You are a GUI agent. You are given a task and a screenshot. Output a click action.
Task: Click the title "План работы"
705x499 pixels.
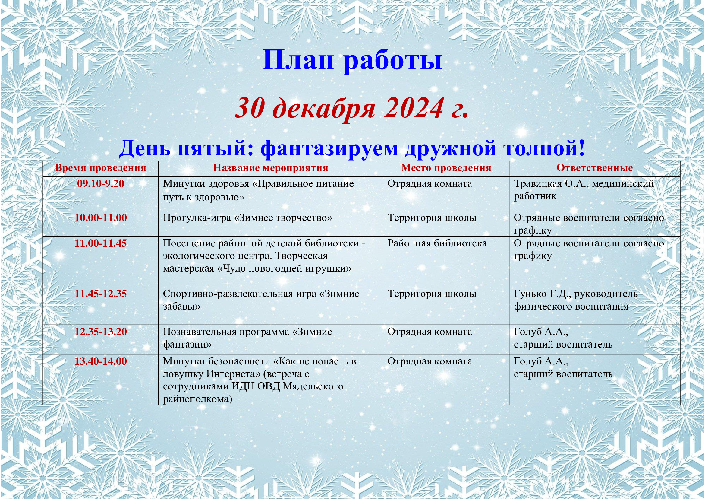coord(353,60)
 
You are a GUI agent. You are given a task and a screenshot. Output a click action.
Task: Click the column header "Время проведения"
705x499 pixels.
coord(100,168)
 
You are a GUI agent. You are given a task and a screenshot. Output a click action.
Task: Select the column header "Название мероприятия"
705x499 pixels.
coord(271,168)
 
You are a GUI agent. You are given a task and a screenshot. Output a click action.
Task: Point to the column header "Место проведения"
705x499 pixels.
coord(446,168)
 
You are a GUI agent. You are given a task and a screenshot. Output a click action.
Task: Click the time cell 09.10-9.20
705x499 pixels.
coord(101,184)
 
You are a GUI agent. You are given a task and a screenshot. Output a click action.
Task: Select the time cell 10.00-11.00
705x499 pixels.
coord(101,218)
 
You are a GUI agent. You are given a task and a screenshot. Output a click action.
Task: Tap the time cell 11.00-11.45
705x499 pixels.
coord(101,243)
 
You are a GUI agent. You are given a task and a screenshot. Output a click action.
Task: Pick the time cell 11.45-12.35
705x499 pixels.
coord(101,294)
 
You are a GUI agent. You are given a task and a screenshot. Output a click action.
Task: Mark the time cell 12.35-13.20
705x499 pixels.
coord(101,332)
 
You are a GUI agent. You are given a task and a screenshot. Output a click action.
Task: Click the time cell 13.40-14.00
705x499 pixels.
coord(101,361)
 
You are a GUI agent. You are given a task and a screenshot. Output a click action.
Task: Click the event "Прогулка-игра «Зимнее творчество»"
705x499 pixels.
coord(248,218)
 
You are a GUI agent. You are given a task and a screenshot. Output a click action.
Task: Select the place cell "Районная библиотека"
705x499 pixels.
coord(437,244)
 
